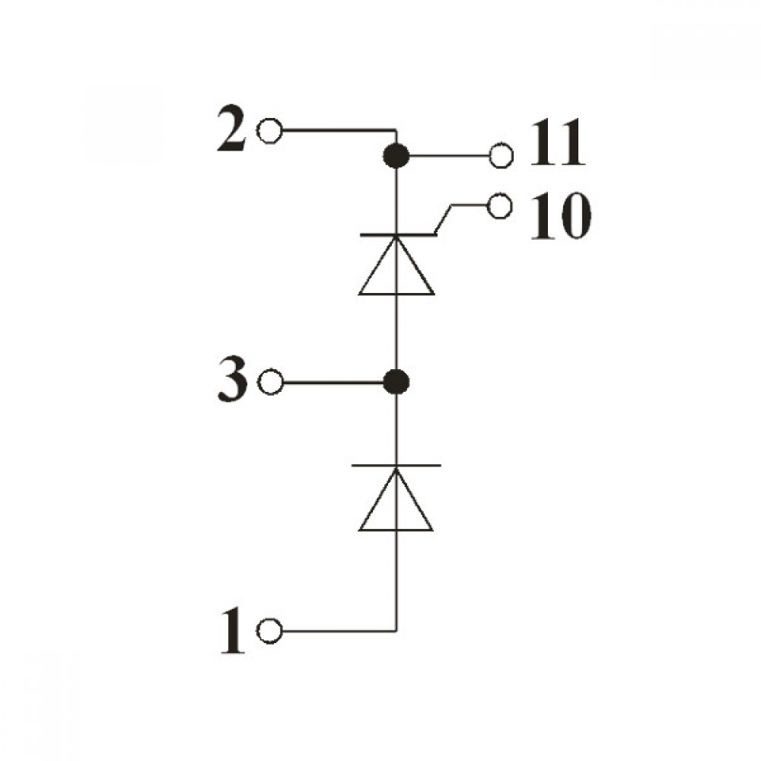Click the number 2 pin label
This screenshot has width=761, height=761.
coord(231,128)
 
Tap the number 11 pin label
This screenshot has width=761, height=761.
coord(558,143)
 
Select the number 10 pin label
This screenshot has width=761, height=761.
coord(561,216)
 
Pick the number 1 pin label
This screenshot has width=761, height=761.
coord(233,630)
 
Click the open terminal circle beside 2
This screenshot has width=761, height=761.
coord(269,131)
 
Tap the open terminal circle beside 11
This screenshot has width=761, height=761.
coord(501,156)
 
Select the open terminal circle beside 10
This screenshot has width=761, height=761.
coord(499,206)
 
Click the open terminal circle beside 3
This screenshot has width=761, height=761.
coord(270,382)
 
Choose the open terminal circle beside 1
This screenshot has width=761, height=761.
coord(269,632)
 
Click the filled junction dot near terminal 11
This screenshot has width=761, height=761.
coord(396,156)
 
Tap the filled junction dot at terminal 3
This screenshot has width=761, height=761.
coord(396,382)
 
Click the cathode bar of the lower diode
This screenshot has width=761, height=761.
coord(396,466)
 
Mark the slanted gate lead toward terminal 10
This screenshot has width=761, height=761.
coord(444,220)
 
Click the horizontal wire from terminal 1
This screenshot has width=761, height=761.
coord(339,632)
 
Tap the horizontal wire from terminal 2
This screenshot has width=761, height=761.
coord(339,131)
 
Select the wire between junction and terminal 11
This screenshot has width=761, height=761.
coord(449,156)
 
